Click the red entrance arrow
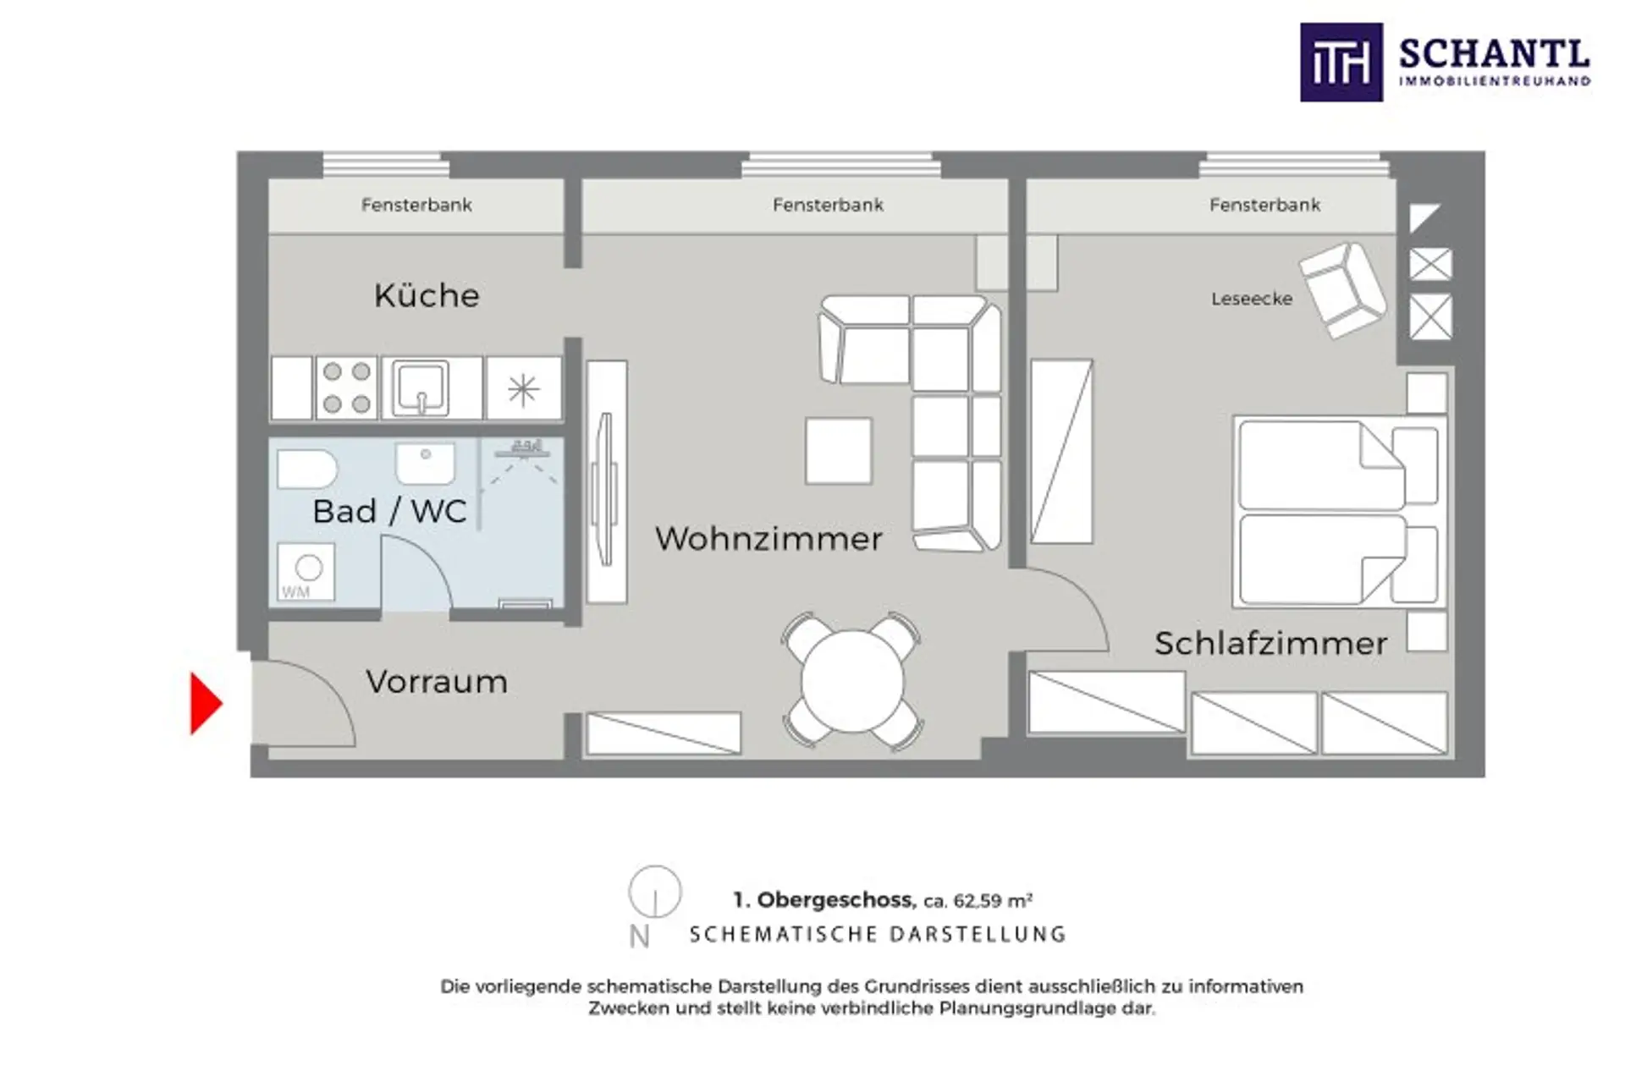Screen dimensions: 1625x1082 click(205, 703)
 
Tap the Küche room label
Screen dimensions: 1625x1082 click(427, 295)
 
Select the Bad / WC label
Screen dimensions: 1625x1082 click(389, 511)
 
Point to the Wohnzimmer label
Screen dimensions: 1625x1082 click(768, 539)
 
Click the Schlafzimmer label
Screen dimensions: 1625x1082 click(1270, 644)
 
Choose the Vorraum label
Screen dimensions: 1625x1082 click(437, 682)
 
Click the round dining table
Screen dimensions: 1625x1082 click(852, 681)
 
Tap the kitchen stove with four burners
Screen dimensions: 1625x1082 click(347, 387)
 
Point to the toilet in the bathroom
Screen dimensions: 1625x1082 click(306, 469)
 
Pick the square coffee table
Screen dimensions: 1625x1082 click(838, 451)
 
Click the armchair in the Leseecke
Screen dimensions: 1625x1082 click(1343, 290)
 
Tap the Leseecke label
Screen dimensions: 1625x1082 click(1252, 299)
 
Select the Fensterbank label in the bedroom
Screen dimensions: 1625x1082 click(1264, 205)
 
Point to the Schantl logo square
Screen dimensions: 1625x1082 click(1341, 63)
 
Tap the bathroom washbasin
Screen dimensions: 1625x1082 click(425, 463)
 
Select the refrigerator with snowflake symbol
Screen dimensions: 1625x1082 click(523, 388)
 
